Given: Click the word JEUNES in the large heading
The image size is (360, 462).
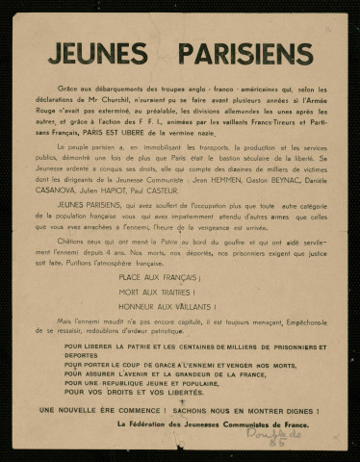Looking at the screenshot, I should (104, 51).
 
